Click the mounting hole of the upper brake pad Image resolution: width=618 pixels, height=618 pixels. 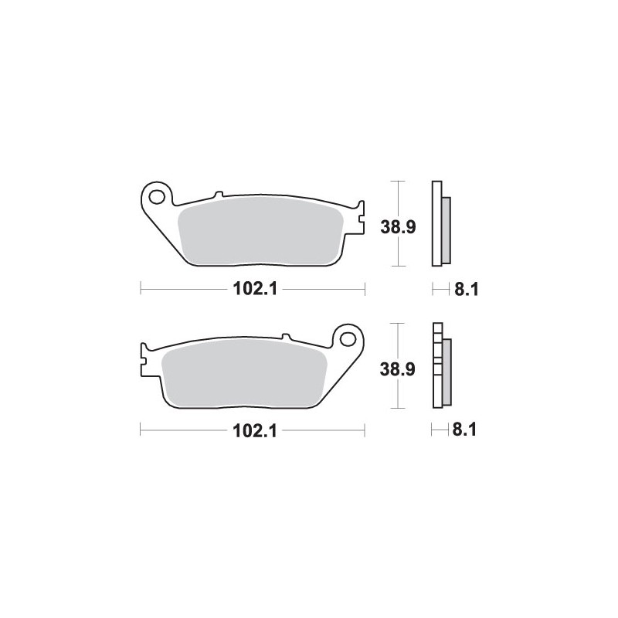pos(157,197)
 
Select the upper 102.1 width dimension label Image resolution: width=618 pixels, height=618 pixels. pos(256,289)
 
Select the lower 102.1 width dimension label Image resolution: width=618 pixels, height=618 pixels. pos(256,431)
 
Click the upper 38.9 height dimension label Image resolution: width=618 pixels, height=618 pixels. pos(398,227)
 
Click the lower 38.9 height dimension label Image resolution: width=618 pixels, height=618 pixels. pos(398,369)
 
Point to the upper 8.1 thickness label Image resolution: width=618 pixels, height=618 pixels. pos(467,289)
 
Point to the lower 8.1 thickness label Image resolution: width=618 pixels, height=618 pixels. pos(465,430)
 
